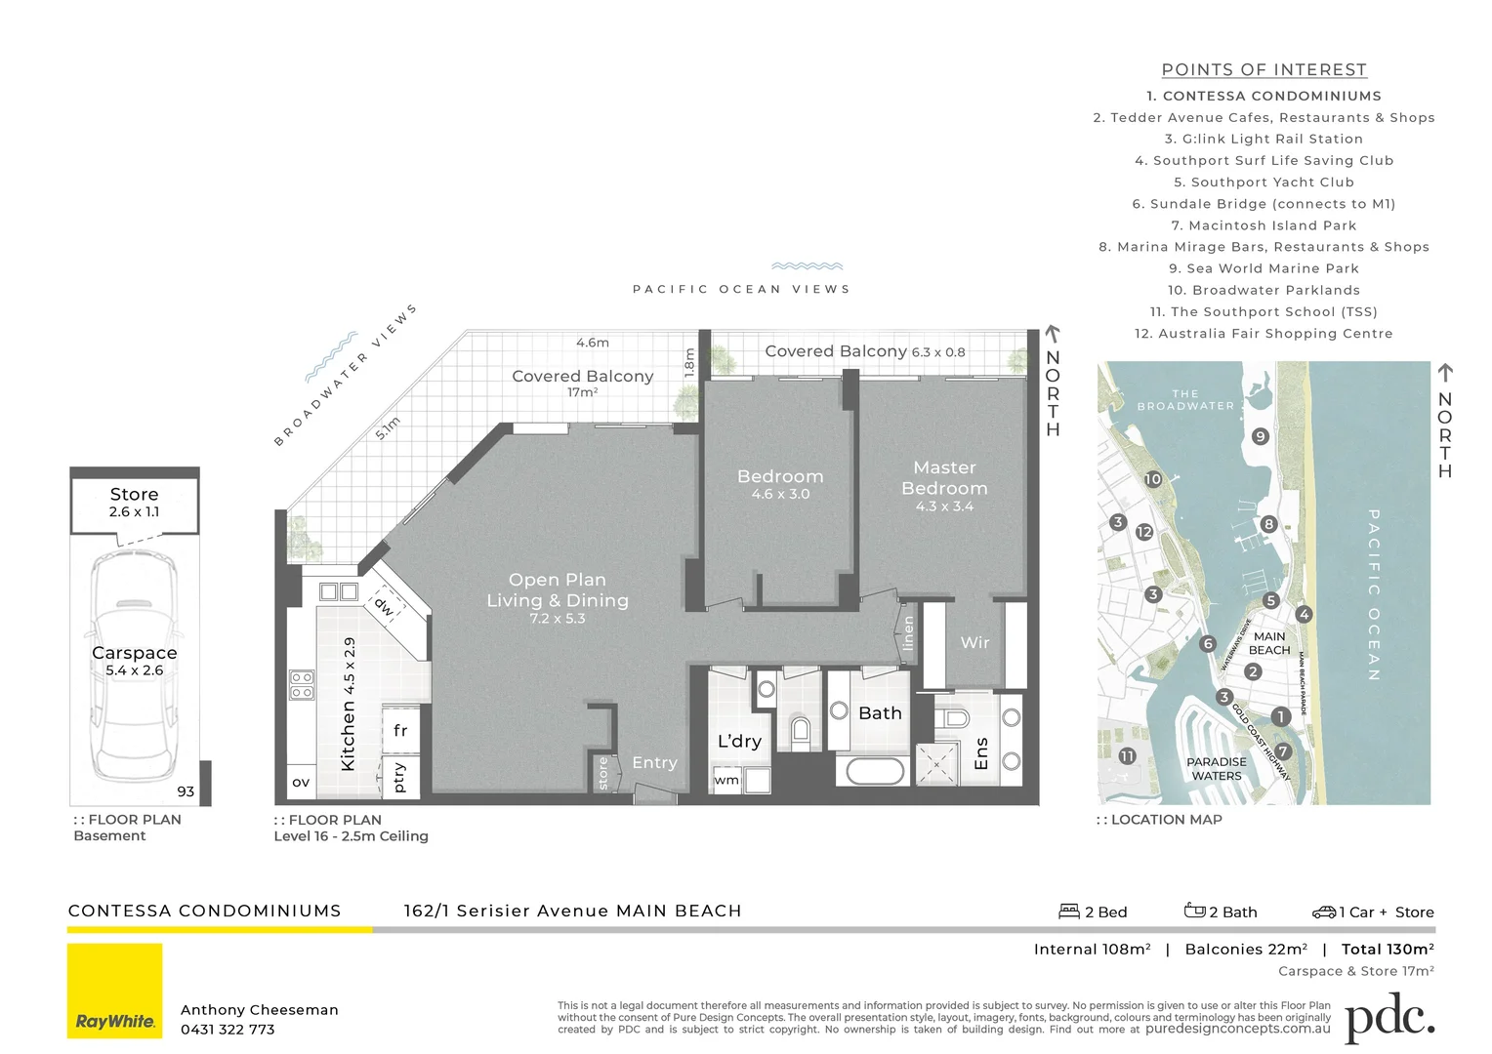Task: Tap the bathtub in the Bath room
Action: point(875,771)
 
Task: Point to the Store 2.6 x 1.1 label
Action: point(135,502)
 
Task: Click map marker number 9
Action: point(1261,436)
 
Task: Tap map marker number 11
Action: point(1127,756)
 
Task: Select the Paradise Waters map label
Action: point(1216,769)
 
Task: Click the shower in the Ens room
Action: point(936,765)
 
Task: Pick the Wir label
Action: point(974,642)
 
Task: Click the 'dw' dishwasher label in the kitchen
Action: point(384,606)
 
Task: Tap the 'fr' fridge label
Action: point(400,730)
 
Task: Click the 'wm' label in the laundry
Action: point(726,780)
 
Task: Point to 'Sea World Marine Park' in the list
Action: point(1264,268)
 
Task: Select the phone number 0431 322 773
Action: point(228,1030)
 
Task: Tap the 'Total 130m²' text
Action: point(1388,949)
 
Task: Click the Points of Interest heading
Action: point(1264,70)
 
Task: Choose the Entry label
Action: point(654,763)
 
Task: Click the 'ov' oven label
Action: point(301,782)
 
